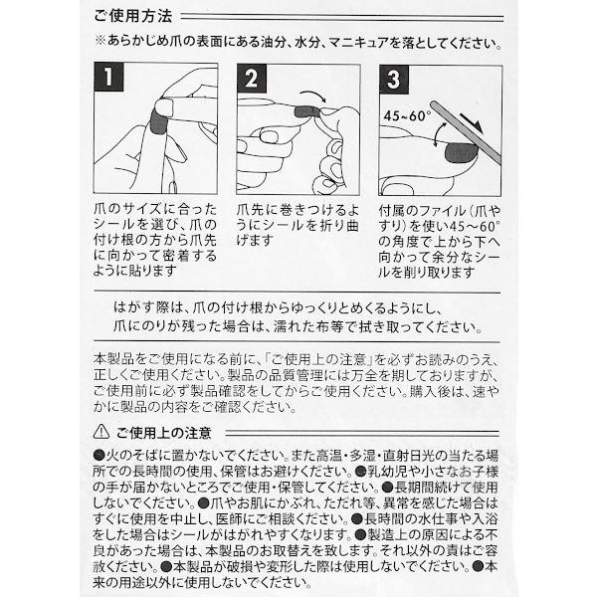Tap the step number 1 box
coord(108,78)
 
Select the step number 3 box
coord(395,78)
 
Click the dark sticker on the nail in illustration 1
coord(158,121)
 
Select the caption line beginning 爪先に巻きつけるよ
coord(295,212)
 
